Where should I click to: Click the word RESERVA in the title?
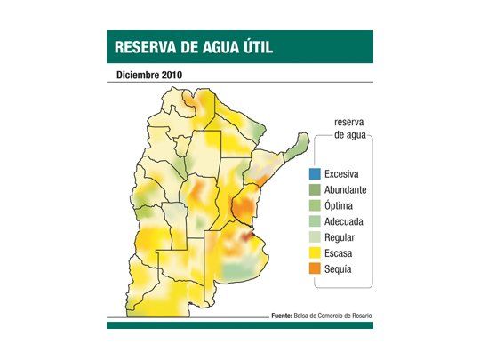pos(144,47)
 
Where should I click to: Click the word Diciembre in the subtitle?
pos(138,75)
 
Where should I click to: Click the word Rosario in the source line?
pos(355,316)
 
